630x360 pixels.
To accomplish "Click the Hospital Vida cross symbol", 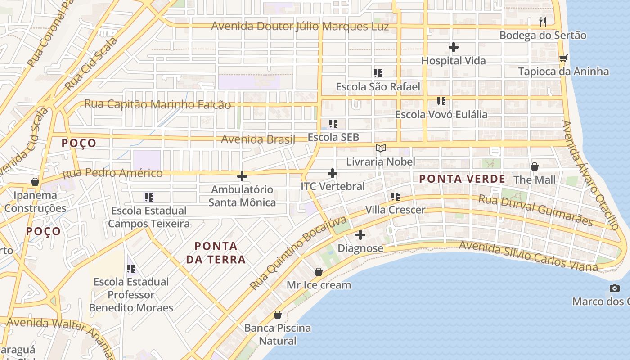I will [x=454, y=47].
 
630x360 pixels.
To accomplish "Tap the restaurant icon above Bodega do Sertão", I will [x=543, y=22].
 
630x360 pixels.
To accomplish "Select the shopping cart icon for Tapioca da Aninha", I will [x=563, y=58].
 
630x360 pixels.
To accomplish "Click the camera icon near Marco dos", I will [x=614, y=288].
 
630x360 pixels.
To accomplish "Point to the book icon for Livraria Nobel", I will [x=381, y=148].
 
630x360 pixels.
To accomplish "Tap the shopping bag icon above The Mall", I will [x=535, y=166].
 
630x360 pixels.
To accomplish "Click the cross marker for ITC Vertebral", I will [x=333, y=173].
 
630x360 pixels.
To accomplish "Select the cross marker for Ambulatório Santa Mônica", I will [x=242, y=176].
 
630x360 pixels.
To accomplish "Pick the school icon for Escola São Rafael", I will [x=378, y=73].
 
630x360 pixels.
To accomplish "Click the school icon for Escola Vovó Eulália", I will [x=441, y=101].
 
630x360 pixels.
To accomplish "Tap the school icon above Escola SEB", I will [x=333, y=124].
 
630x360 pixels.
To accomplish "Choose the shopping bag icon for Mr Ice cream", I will [x=319, y=272].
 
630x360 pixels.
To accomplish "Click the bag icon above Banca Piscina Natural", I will [x=278, y=315].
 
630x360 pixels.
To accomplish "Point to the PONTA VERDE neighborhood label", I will [x=462, y=179].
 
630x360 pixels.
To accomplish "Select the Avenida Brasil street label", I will [x=258, y=139].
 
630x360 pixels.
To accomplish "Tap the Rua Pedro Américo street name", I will [x=112, y=173].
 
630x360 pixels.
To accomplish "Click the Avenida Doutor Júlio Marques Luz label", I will [x=300, y=26].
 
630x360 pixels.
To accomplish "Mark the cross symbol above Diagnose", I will [x=360, y=235].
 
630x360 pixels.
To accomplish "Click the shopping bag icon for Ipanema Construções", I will [x=35, y=182].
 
